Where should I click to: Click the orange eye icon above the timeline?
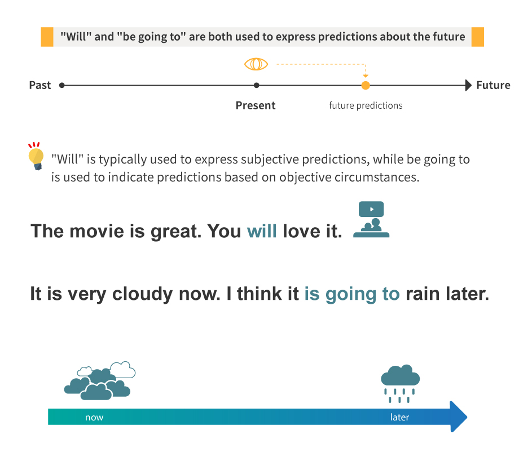click(256, 64)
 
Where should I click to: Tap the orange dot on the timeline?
click(366, 86)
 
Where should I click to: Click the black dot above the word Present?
click(257, 86)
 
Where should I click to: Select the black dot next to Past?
click(61, 86)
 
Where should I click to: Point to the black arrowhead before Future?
click(468, 86)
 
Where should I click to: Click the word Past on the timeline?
click(40, 86)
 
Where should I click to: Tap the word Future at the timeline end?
click(493, 86)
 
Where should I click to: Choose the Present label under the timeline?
click(256, 106)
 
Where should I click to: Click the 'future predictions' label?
click(366, 106)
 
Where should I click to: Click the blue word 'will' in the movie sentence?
click(262, 232)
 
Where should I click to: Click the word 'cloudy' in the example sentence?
click(142, 294)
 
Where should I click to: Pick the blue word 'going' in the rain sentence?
click(351, 294)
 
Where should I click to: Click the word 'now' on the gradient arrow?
click(94, 418)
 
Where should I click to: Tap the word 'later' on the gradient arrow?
click(399, 417)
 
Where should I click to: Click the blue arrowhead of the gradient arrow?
click(459, 416)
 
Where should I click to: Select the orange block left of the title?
click(47, 37)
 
